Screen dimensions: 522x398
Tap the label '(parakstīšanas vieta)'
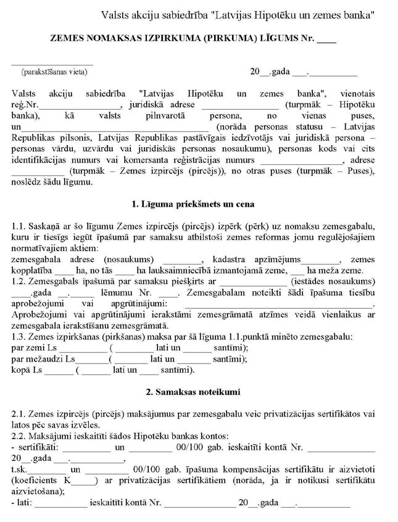(54, 72)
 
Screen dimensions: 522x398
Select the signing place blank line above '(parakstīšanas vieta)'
(52, 63)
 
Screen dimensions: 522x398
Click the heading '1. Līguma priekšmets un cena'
(193, 204)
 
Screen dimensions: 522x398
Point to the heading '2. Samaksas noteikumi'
(193, 392)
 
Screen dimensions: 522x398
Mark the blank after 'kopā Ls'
(59, 371)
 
